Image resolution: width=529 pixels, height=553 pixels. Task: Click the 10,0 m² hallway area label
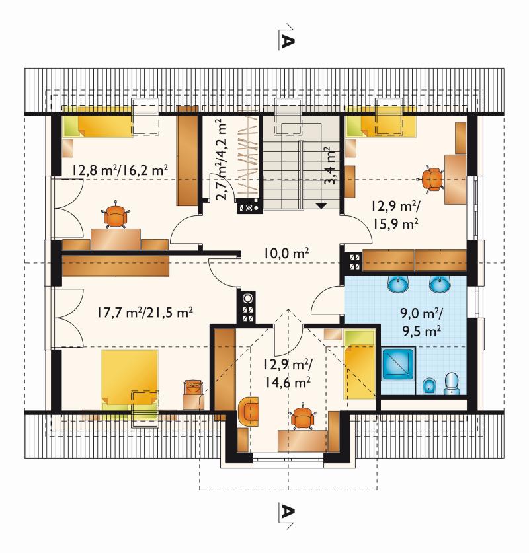(x=286, y=253)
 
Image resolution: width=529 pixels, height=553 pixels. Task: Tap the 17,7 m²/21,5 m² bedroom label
(x=145, y=313)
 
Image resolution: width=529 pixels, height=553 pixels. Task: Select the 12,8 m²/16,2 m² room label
(x=120, y=170)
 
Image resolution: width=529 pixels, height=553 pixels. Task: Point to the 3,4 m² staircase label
(x=330, y=166)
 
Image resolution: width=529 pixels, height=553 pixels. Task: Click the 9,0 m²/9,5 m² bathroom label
(x=421, y=322)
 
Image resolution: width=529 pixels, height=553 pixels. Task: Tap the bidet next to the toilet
(x=428, y=387)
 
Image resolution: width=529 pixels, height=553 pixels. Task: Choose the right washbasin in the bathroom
(x=440, y=283)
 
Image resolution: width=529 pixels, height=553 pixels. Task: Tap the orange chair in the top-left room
(x=116, y=216)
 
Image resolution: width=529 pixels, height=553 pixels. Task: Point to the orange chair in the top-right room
(x=432, y=179)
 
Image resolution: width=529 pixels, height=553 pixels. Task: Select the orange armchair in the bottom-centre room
(x=249, y=411)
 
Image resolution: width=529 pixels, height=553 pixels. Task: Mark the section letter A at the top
(x=287, y=42)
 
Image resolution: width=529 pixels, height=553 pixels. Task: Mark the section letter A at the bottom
(x=287, y=511)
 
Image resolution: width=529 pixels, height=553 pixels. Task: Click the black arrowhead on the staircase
(x=321, y=205)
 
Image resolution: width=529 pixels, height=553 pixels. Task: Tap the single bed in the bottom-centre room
(x=359, y=364)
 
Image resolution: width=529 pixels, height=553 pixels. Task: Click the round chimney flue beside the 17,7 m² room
(x=248, y=299)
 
